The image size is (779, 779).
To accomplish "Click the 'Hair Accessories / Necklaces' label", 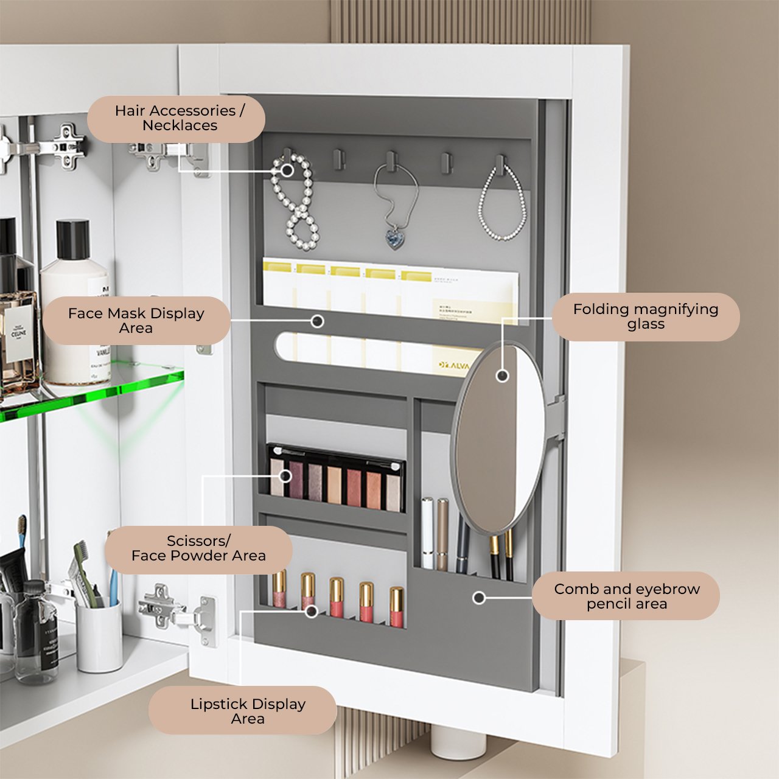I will (176, 119).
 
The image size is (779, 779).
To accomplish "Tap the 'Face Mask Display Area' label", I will (136, 321).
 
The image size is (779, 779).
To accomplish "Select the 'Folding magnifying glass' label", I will (646, 316).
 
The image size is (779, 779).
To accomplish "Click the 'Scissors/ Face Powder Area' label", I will (198, 549).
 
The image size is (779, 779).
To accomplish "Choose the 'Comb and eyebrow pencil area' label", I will (626, 596).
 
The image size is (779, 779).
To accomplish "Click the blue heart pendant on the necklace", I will (396, 239).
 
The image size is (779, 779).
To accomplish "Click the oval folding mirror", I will (498, 438).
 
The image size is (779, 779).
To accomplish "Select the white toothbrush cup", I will (99, 636).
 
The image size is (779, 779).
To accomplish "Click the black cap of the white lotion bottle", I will (73, 239).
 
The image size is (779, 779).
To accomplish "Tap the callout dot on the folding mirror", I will (502, 376).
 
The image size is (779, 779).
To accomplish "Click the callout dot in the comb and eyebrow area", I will (479, 598).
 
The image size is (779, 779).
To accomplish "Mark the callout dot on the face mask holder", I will (317, 321).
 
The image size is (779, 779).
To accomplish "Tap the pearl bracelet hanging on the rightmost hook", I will (503, 207).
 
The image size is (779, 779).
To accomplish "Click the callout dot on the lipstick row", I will (311, 610).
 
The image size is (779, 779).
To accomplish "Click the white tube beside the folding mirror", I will (427, 533).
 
